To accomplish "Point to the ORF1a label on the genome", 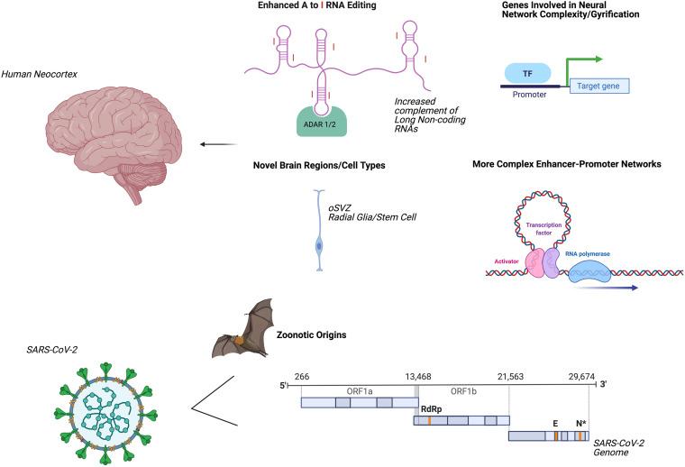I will click(x=357, y=391).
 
